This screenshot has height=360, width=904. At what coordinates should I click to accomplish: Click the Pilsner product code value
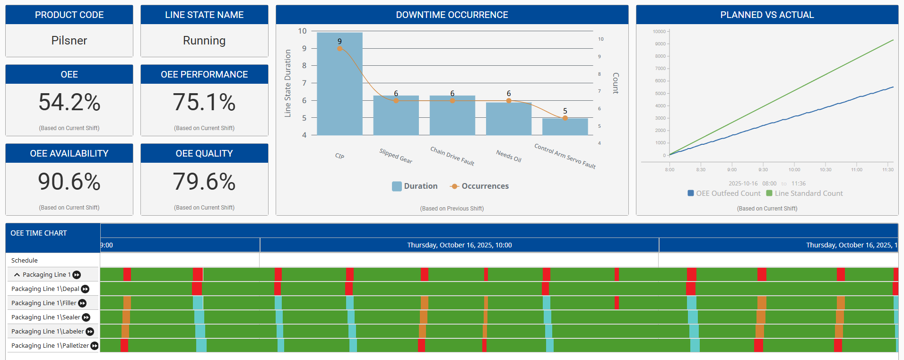(x=69, y=41)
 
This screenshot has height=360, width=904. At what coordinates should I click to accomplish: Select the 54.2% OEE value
(x=69, y=102)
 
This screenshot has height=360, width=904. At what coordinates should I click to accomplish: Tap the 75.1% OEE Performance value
(x=204, y=102)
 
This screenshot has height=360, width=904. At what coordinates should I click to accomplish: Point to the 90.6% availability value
(x=69, y=182)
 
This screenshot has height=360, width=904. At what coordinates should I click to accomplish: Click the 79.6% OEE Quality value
(x=204, y=182)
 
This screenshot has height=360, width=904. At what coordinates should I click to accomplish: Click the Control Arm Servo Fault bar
(x=565, y=127)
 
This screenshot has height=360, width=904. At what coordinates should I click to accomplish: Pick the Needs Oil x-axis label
(x=509, y=156)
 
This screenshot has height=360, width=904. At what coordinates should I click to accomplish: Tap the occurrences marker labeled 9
(x=339, y=48)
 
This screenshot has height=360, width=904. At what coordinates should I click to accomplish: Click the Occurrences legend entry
(x=479, y=186)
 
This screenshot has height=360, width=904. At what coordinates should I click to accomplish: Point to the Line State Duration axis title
(x=287, y=83)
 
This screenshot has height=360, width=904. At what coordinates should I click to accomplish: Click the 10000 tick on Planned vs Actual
(x=659, y=32)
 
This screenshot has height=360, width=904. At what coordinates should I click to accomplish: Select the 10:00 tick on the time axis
(x=794, y=169)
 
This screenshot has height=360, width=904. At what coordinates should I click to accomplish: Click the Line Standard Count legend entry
(x=804, y=193)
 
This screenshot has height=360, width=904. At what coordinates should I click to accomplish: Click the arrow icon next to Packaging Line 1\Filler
(x=82, y=303)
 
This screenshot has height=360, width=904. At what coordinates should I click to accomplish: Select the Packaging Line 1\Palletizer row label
(x=50, y=346)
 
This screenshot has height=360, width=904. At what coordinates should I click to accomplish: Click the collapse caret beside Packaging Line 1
(x=17, y=275)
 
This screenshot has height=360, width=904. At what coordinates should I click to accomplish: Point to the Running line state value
(x=204, y=41)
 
